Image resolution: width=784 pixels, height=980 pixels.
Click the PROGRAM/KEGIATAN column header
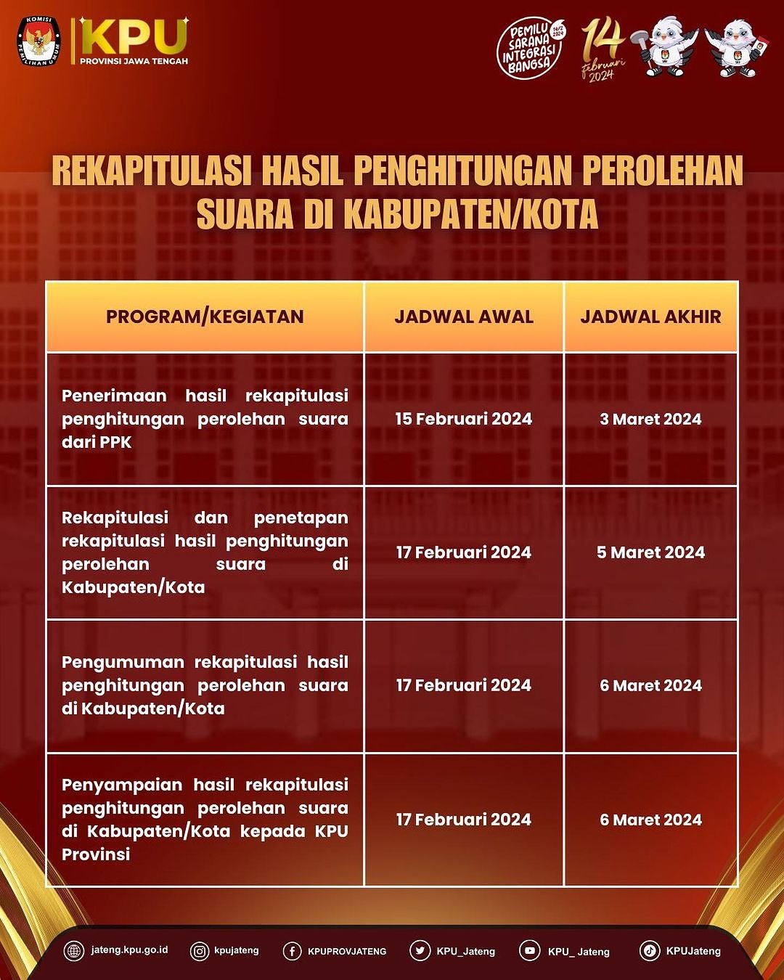click(205, 317)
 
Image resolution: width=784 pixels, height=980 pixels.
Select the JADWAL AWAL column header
click(464, 317)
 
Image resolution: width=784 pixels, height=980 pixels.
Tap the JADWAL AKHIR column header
click(650, 317)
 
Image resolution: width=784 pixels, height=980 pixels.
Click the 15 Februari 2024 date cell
click(464, 419)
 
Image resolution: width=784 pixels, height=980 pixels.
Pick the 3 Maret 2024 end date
click(650, 419)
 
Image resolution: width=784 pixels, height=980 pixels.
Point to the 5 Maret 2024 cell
click(650, 552)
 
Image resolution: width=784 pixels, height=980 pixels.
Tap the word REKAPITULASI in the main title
click(151, 171)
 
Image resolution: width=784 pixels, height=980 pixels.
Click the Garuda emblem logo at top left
click(39, 42)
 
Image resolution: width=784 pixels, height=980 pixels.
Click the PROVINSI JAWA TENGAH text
click(134, 62)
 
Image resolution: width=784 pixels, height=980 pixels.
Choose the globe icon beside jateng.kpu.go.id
click(74, 950)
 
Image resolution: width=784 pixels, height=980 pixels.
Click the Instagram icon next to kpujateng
click(200, 950)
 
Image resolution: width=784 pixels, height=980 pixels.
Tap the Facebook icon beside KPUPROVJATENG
click(292, 951)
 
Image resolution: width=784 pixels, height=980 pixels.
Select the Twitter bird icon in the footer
click(420, 950)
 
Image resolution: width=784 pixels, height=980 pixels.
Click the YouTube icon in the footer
click(530, 950)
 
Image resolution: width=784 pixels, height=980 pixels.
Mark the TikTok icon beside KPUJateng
click(650, 950)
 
